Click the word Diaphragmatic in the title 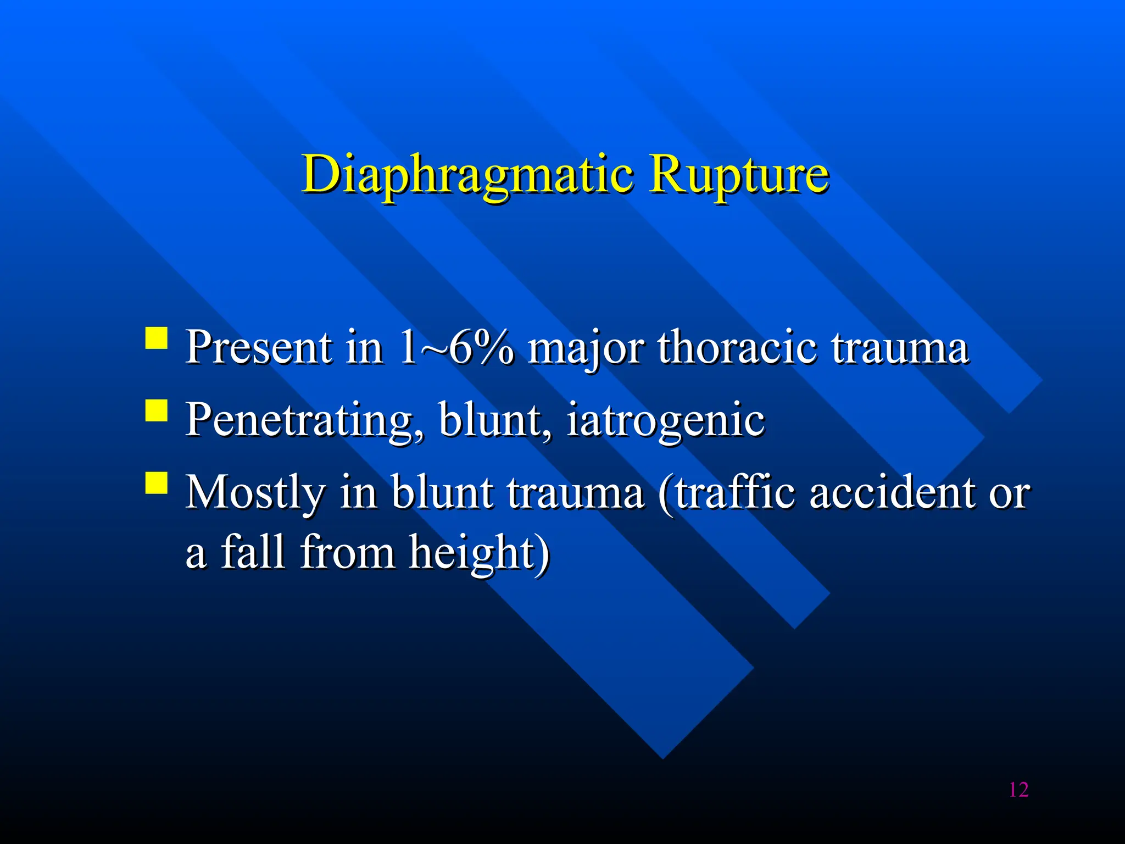coord(467,175)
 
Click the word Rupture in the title coord(738,175)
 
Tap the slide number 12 coord(1018,790)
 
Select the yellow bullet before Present coord(157,338)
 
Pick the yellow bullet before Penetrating coord(157,410)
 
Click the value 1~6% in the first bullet coord(455,347)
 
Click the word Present coord(258,347)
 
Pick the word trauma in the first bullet coord(899,348)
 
